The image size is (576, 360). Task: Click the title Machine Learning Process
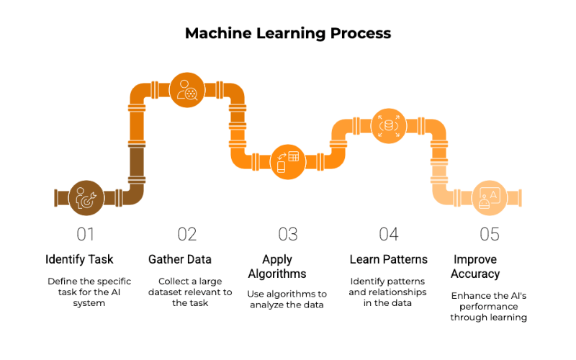pos(288,33)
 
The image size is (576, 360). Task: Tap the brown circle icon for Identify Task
pos(86,198)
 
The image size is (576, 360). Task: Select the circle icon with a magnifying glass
pos(187,90)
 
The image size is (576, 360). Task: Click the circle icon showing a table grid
pos(288,162)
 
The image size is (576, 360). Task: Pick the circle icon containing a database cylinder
pos(389,126)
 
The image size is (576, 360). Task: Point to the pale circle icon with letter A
pos(490,198)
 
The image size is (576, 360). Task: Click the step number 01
pos(85,235)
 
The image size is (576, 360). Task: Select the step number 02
pos(187,235)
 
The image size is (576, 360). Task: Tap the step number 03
pos(287,235)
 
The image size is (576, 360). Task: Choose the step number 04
pos(389,235)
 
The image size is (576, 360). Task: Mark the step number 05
pos(490,235)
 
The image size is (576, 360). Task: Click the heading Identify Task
pos(79,259)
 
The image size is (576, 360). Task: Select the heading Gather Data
pos(180,259)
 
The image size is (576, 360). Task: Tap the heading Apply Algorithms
pos(277,266)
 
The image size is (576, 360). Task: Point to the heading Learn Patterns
pos(389,259)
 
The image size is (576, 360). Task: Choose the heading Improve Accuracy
pos(475,266)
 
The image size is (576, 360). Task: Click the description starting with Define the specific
pos(89,292)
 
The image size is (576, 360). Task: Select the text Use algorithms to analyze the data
pos(287,300)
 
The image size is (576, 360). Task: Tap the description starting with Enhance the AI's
pos(489,307)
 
